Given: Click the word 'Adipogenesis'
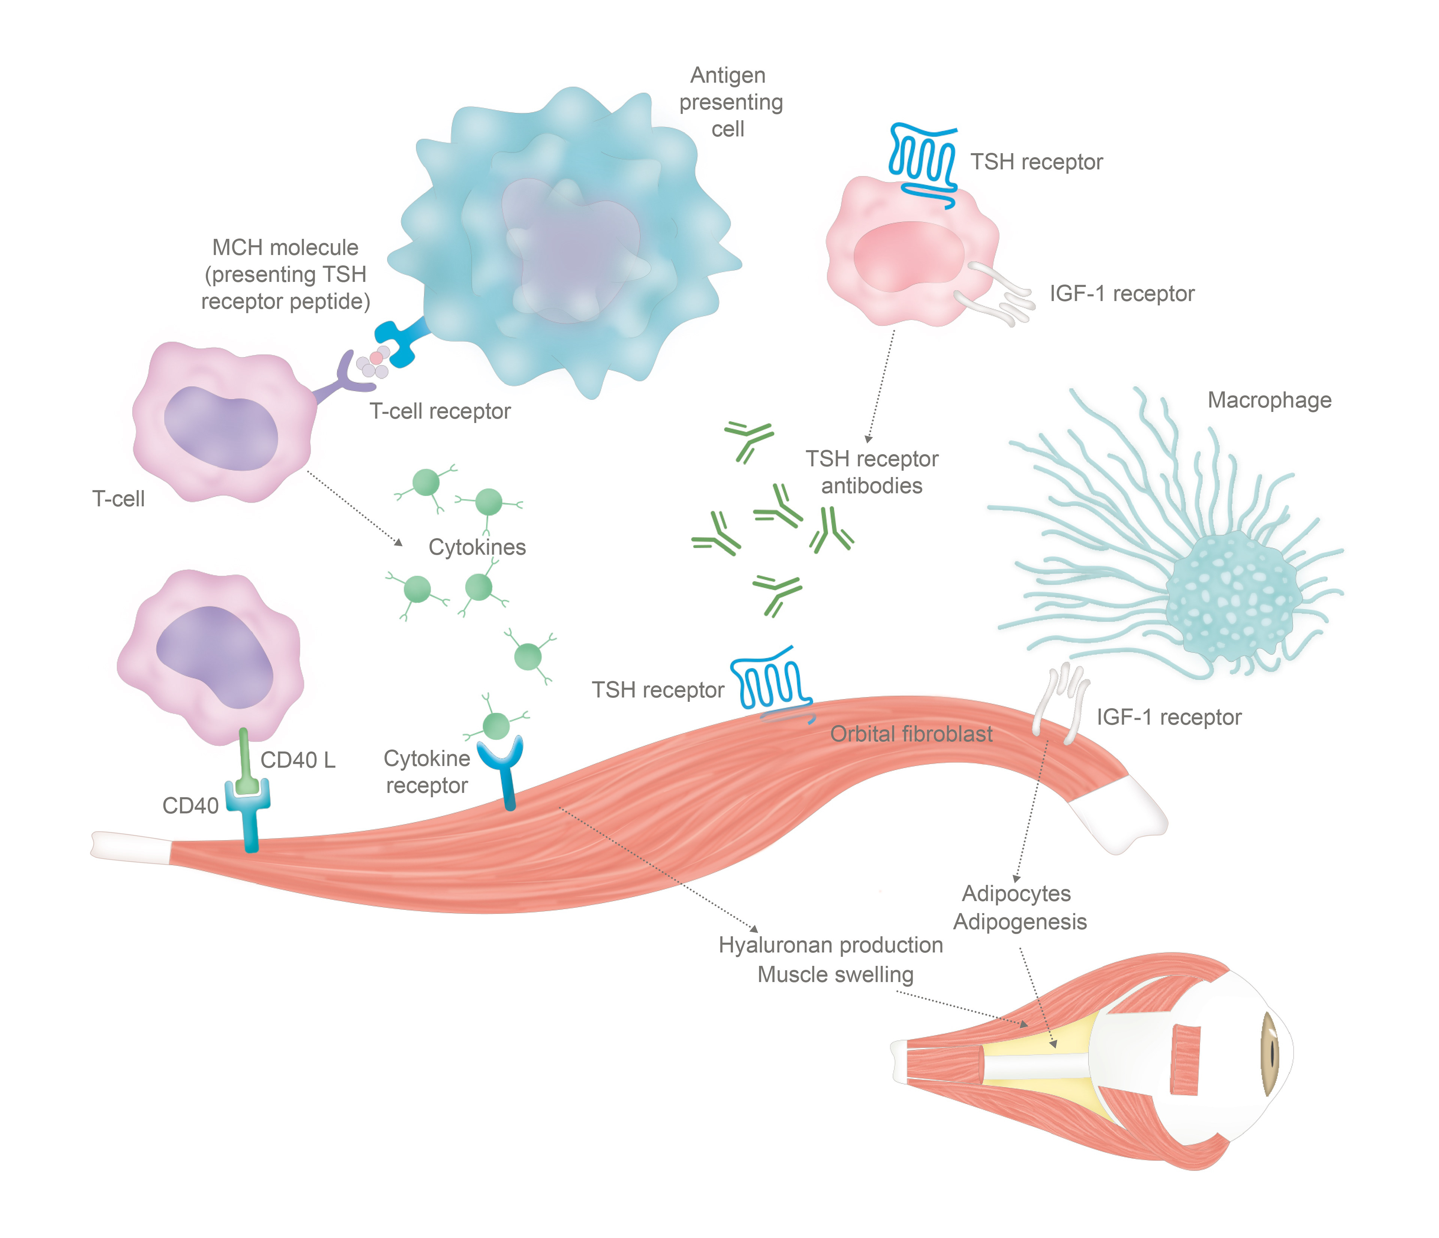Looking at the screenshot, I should [1020, 922].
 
